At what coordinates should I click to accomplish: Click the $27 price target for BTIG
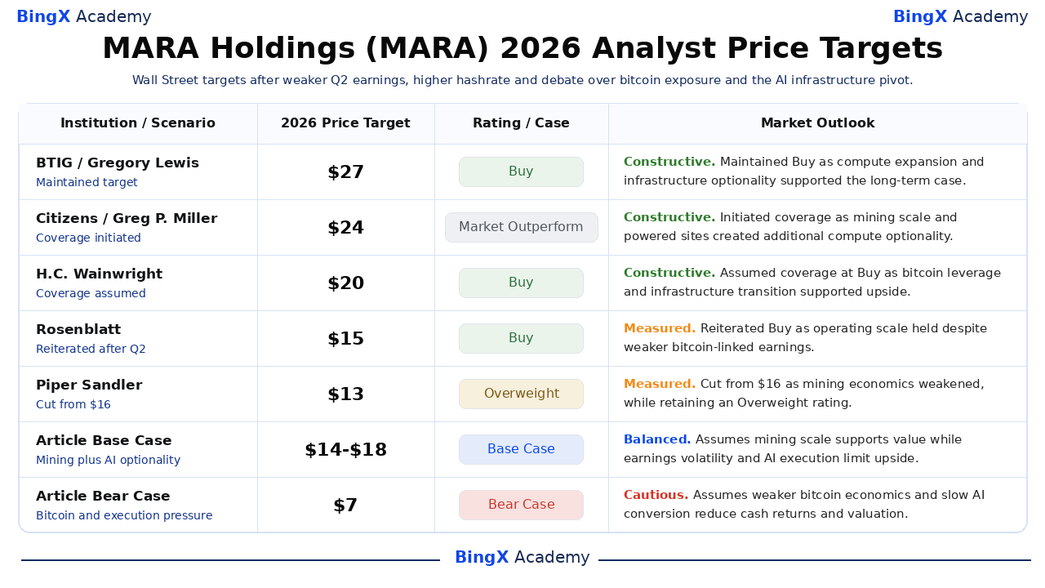(345, 172)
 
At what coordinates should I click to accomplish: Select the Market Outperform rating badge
(521, 227)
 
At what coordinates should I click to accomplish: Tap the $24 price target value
(345, 228)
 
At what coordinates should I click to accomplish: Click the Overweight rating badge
(521, 394)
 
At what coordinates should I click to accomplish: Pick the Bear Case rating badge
(521, 505)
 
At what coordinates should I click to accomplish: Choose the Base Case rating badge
(521, 449)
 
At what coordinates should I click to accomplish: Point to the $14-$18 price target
(345, 450)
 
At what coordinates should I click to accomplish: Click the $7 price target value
(345, 506)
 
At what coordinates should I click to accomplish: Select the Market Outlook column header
(818, 123)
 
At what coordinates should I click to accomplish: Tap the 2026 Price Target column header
(345, 123)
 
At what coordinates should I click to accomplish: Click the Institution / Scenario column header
(138, 123)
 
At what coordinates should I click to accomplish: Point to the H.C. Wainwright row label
(100, 274)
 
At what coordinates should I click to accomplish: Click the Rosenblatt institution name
(78, 329)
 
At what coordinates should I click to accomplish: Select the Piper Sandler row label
(89, 385)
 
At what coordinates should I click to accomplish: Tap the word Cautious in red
(656, 495)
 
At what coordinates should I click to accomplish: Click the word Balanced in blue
(657, 439)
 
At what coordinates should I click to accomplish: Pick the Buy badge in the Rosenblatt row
(521, 338)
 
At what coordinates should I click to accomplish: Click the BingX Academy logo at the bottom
(522, 557)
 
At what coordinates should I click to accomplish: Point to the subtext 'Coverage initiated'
(88, 238)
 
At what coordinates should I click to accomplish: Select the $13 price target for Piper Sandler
(345, 394)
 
